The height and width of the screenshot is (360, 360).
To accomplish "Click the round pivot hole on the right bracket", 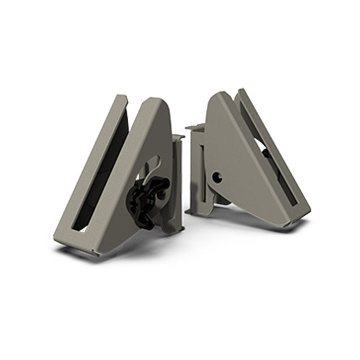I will [x=216, y=176].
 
